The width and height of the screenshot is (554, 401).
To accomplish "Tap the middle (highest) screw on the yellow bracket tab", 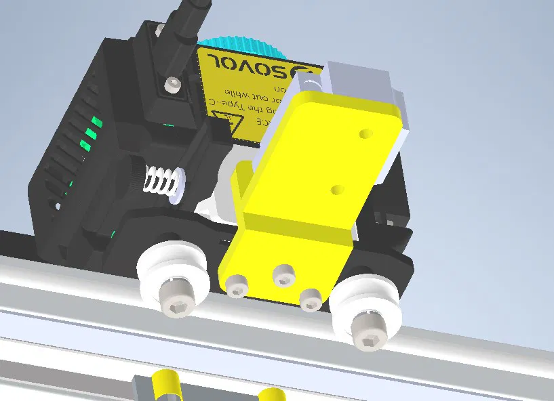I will [x=284, y=275].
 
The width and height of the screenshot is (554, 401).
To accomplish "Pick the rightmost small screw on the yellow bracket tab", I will [x=311, y=299].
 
